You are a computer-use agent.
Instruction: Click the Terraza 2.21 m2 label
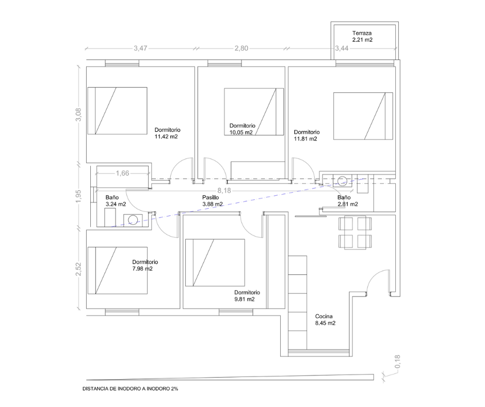[x=362, y=36]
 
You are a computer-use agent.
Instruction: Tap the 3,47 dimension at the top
[x=140, y=49]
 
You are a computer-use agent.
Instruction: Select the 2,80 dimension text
[x=241, y=49]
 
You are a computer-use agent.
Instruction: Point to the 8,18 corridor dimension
[x=224, y=191]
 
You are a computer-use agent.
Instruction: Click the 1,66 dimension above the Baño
[x=122, y=173]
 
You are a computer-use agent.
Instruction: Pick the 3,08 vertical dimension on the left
[x=78, y=114]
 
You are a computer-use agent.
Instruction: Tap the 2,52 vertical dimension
[x=78, y=269]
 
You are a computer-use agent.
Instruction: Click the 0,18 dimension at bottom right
[x=398, y=362]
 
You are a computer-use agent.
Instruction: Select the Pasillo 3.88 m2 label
[x=212, y=201]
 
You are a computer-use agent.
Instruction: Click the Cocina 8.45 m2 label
[x=325, y=320]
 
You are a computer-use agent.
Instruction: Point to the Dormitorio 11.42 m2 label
[x=167, y=133]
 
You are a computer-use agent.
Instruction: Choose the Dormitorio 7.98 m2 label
[x=145, y=265]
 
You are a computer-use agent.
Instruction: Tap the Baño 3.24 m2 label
[x=116, y=201]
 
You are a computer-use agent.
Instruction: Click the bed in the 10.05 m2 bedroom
[x=254, y=112]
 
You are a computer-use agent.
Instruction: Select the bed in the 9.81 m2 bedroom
[x=215, y=263]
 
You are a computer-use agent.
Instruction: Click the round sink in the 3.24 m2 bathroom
[x=133, y=220]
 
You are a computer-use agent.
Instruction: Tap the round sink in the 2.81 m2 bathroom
[x=342, y=181]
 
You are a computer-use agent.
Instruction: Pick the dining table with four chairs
[x=355, y=232]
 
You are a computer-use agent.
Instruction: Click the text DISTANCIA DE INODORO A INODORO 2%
[x=130, y=389]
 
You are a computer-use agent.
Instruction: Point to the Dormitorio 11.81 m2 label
[x=306, y=135]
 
